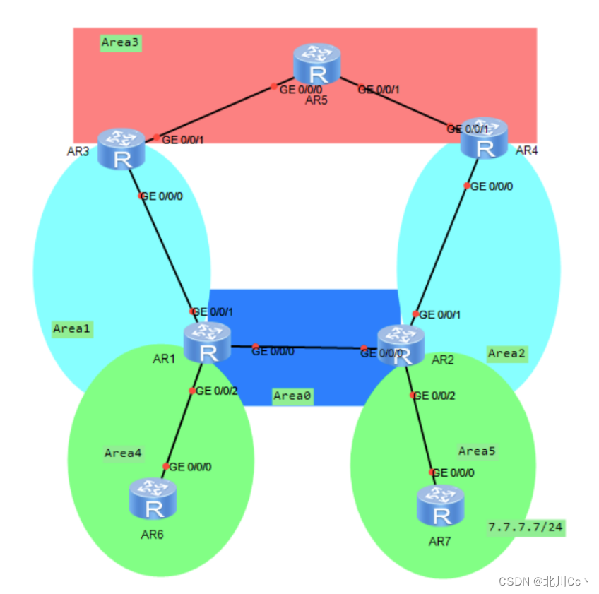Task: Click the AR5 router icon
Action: tap(317, 66)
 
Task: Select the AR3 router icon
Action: tap(121, 149)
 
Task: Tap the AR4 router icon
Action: tap(485, 138)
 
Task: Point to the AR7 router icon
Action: tap(440, 506)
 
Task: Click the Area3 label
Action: tap(121, 43)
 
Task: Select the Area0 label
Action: tap(292, 396)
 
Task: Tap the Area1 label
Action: tap(72, 329)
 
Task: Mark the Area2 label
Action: tap(506, 353)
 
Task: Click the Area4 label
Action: tap(123, 453)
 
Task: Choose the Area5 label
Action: tap(477, 451)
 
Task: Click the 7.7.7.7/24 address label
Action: tap(526, 527)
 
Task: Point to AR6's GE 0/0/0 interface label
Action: tap(191, 467)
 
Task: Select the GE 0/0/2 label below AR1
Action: tap(217, 391)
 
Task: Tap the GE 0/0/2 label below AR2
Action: tap(434, 396)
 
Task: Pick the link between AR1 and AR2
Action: tap(304, 347)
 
